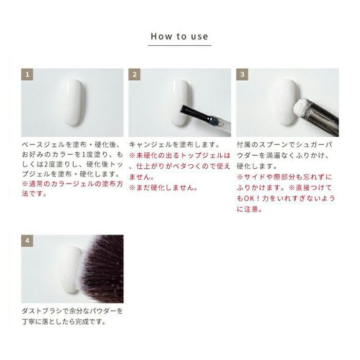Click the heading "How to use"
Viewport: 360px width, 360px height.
coord(179,37)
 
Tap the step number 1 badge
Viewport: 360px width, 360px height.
coord(27,75)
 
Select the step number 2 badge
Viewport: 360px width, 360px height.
coord(134,75)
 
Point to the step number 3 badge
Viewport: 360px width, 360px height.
coord(242,75)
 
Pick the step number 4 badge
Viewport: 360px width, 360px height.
coord(27,241)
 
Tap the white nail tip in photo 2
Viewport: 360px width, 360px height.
coord(179,102)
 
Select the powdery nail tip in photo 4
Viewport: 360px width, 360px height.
coord(71,270)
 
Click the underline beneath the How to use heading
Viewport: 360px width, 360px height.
coord(179,45)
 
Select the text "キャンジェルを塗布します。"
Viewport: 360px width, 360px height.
coord(174,145)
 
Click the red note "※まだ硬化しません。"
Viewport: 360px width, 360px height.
coord(164,188)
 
